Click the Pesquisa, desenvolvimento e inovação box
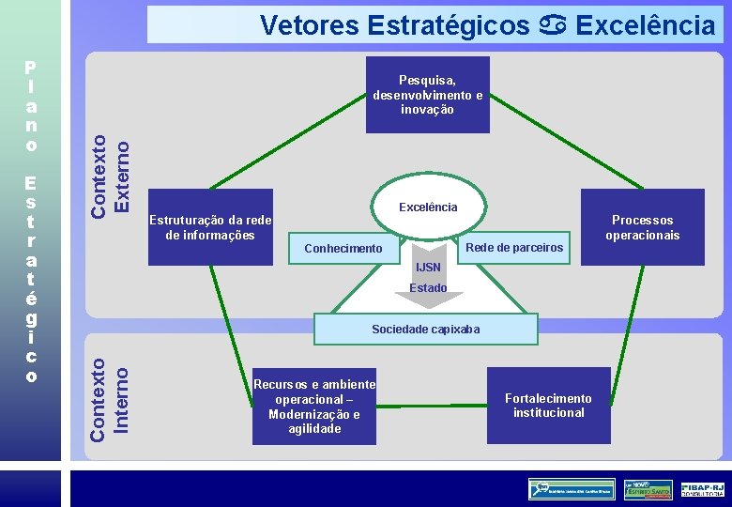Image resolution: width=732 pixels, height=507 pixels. (427, 94)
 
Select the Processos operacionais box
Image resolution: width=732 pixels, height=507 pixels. (642, 227)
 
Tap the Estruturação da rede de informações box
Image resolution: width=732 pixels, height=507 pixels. (210, 227)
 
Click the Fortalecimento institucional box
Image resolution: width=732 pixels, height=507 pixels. (548, 406)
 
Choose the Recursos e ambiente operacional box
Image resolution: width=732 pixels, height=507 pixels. (314, 407)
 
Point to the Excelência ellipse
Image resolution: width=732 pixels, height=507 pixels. (428, 207)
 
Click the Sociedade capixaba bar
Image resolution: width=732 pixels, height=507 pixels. (425, 330)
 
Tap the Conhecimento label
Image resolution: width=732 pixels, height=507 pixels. (343, 249)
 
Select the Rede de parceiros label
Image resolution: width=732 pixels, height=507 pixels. (514, 248)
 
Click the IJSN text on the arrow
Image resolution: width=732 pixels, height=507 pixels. (428, 268)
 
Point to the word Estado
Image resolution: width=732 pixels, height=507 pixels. (428, 288)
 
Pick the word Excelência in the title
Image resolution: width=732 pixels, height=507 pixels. (645, 25)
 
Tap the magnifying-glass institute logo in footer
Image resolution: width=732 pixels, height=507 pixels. (571, 488)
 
